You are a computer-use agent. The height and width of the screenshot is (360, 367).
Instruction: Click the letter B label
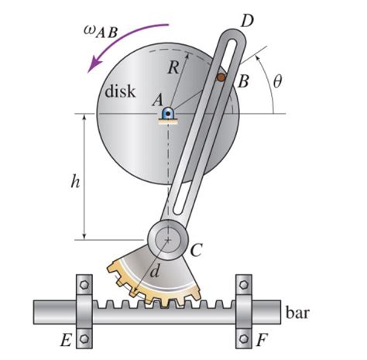pyautogui.click(x=242, y=81)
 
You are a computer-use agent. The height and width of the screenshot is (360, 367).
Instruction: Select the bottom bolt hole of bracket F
pyautogui.click(x=244, y=338)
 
